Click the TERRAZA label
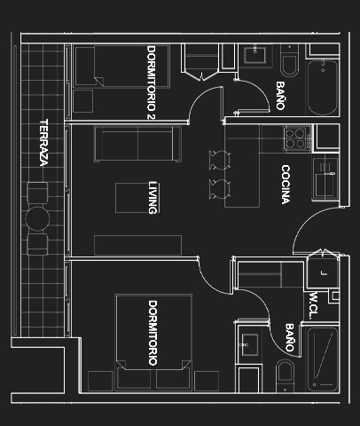43,143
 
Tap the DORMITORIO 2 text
151,83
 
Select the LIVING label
153,197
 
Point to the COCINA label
286,185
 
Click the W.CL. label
314,305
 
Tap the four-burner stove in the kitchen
298,138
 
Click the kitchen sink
325,178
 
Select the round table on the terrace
37,218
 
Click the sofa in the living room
137,144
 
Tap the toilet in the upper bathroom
289,61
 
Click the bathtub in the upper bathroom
323,87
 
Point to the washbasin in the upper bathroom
254,55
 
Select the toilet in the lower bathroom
285,375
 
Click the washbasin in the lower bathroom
250,345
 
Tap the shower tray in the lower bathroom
323,359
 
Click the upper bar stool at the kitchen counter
219,160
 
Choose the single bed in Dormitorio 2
122,66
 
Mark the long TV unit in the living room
137,245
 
